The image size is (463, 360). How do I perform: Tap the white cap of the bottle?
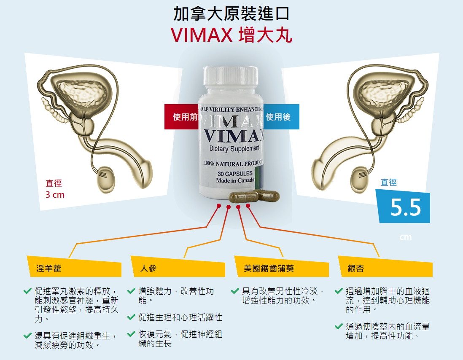[x=231, y=80]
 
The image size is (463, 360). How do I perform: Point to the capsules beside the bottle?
[x=254, y=196]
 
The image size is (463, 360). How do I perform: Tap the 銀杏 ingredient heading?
[x=355, y=268]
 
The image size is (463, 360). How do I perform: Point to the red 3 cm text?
[x=55, y=195]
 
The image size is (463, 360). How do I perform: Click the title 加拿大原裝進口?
[x=231, y=14]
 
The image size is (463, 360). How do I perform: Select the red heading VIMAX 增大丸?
[x=231, y=35]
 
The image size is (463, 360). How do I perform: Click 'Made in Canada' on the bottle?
[x=235, y=180]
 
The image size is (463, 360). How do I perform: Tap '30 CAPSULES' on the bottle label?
[x=235, y=173]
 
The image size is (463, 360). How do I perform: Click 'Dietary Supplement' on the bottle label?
[x=234, y=148]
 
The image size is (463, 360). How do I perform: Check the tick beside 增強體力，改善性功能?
[x=131, y=291]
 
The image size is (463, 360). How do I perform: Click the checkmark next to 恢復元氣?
[x=131, y=334]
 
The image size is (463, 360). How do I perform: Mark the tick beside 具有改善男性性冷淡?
[x=235, y=291]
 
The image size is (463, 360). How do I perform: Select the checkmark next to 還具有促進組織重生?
[x=27, y=336]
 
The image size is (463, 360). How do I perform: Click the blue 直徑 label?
[x=388, y=183]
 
